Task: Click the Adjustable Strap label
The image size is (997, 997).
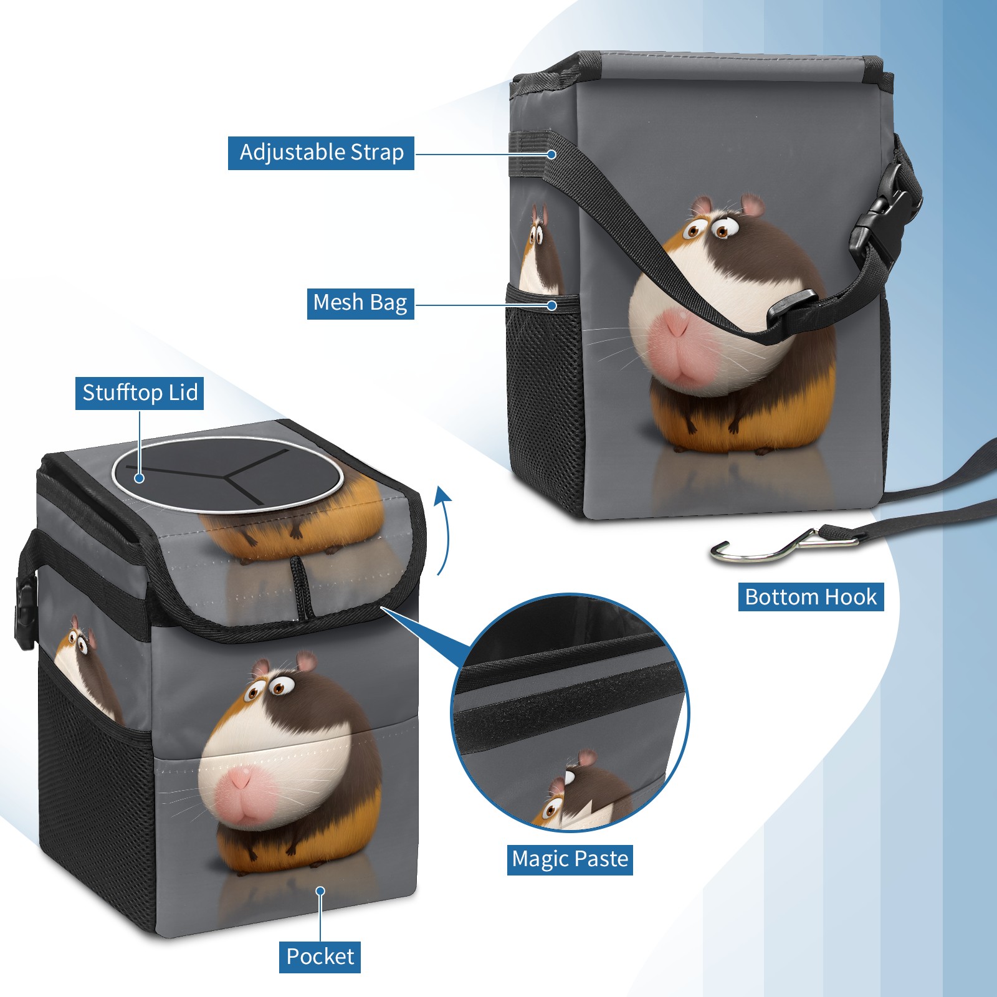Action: coord(321,153)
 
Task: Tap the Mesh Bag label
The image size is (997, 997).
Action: coord(360,303)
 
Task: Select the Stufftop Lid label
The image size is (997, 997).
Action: coord(140,393)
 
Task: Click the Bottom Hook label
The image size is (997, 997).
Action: coord(811,597)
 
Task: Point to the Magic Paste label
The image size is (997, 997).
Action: coord(570,859)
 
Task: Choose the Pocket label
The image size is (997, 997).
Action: coord(320,956)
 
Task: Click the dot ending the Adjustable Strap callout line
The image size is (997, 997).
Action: coord(551,154)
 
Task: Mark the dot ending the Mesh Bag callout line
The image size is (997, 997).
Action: coord(551,305)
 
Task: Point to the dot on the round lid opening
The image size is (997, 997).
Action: coord(140,478)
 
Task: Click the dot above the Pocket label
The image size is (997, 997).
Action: coord(320,891)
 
